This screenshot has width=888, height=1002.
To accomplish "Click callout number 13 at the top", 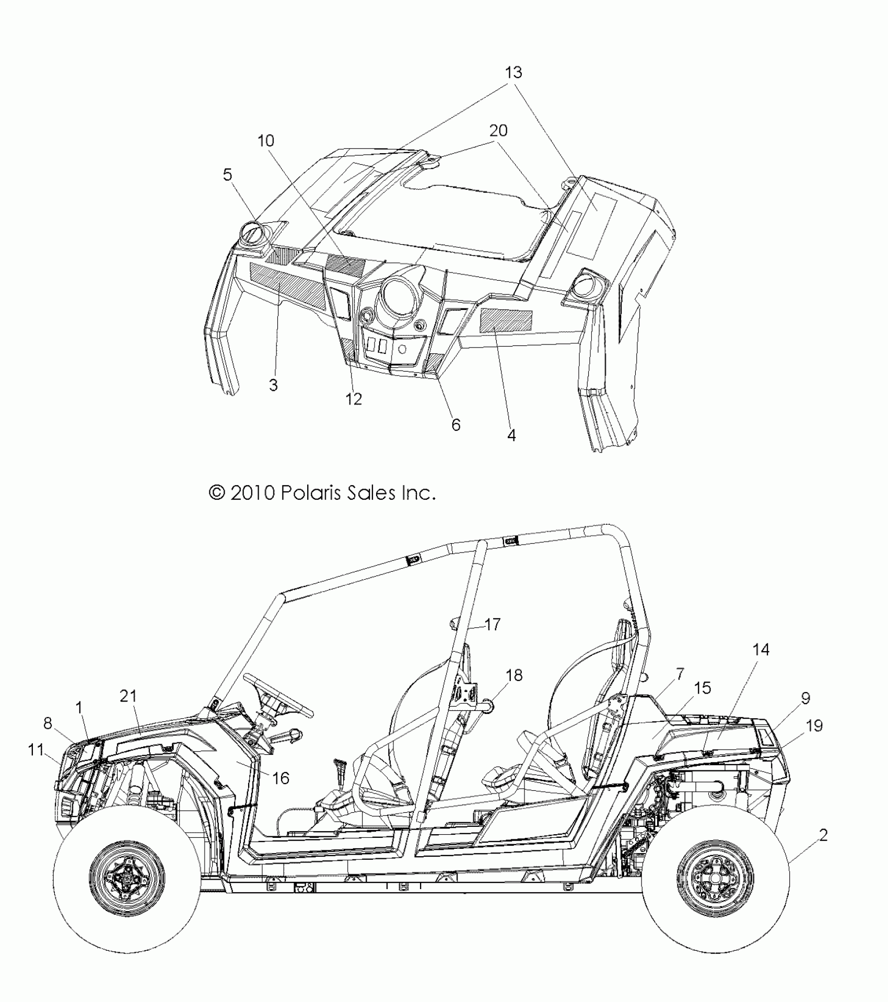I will (x=513, y=73).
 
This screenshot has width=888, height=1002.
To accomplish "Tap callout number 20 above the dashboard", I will (x=498, y=130).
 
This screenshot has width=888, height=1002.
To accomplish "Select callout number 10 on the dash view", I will (x=266, y=141).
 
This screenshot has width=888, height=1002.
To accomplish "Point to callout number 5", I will (x=227, y=175).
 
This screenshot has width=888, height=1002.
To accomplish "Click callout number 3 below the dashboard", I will (x=273, y=385).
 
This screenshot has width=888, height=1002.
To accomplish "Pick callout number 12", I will (x=354, y=399).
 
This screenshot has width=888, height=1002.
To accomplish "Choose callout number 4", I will (x=511, y=434).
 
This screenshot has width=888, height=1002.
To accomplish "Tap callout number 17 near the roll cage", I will (x=492, y=624).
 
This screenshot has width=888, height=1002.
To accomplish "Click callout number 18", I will (x=514, y=675).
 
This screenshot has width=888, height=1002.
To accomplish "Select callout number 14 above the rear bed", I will (x=761, y=650).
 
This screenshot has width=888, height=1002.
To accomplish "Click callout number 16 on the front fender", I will (x=281, y=792).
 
